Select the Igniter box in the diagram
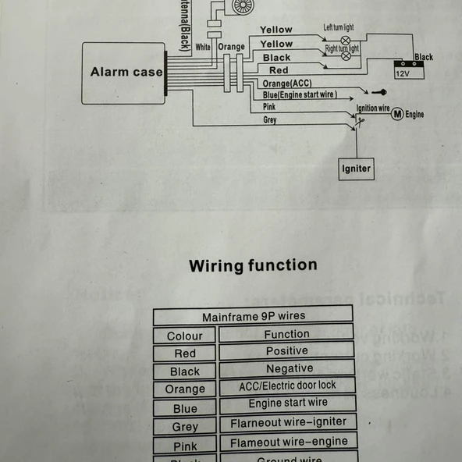356,169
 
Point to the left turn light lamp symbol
345,39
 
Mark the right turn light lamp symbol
346,56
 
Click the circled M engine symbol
396,114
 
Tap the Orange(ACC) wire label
287,83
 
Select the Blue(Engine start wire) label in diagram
300,94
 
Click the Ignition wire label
372,108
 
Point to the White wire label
203,47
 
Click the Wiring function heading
253,265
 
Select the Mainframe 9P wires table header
253,316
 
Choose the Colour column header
184,336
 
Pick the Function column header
286,334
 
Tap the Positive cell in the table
286,351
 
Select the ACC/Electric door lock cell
287,386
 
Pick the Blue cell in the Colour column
185,408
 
